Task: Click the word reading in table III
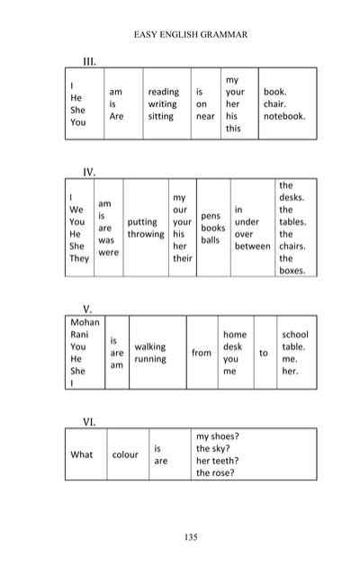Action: (164, 92)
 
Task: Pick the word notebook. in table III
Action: (284, 117)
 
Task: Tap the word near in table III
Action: (205, 117)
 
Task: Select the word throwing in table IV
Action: (146, 234)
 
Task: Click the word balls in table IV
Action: (210, 240)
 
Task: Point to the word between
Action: (251, 246)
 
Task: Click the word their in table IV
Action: (183, 258)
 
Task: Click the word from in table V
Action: (202, 353)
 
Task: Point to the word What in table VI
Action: (82, 454)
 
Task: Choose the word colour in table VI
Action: (125, 454)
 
